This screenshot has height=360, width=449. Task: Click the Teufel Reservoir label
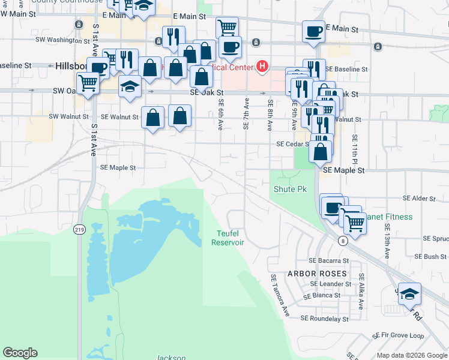228,238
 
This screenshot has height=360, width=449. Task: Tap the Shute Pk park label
290,189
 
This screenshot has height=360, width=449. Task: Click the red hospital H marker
262,66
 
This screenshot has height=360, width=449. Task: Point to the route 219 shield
79,229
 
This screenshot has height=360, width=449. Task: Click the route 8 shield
342,241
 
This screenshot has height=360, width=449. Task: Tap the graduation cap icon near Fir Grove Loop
409,293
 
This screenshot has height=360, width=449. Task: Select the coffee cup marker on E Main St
313,31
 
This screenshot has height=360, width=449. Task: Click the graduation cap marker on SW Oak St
130,86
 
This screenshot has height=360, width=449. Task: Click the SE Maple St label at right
343,170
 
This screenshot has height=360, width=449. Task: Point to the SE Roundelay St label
324,319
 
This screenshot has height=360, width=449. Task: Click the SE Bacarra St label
328,261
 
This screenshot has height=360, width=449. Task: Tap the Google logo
20,353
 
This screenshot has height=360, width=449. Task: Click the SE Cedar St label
292,144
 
